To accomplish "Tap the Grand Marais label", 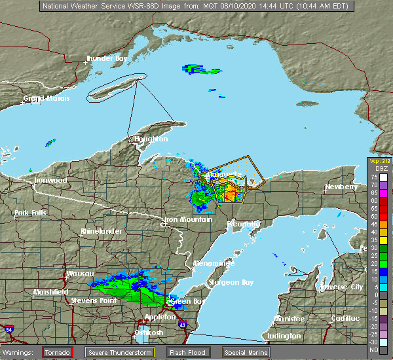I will (47, 99).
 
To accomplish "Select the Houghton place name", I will (151, 139).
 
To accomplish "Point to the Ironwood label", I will (51, 180).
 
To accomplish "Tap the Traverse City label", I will (340, 287).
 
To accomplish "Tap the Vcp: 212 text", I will (378, 162).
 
